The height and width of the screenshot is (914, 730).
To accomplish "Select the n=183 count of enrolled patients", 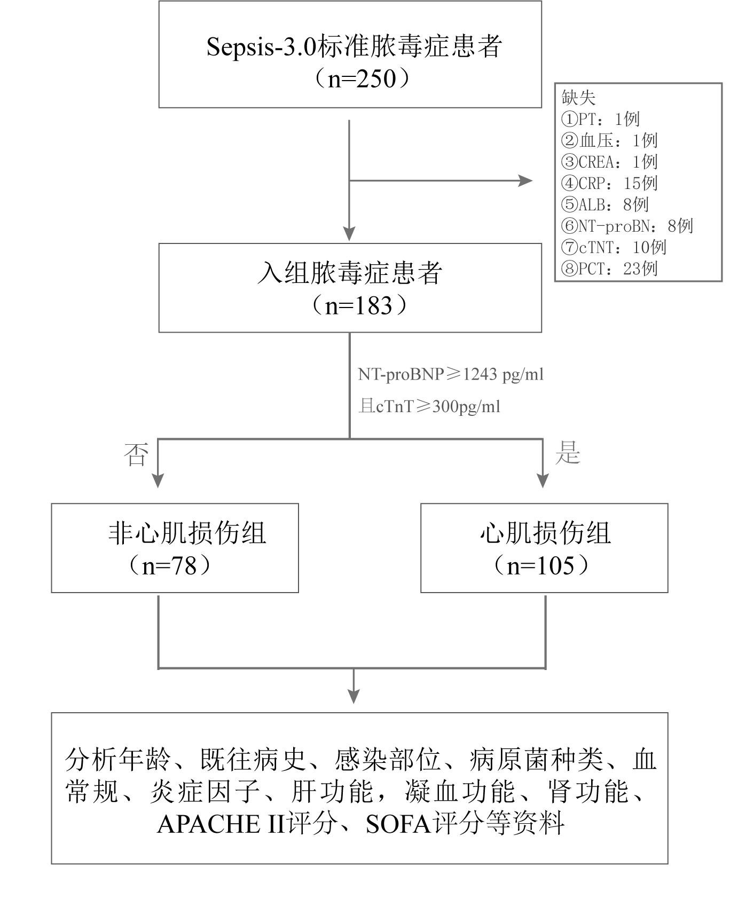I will (x=358, y=306).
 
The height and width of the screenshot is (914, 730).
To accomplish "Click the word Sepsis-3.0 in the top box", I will (x=261, y=47).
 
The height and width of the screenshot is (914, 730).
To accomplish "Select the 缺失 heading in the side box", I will (x=578, y=98).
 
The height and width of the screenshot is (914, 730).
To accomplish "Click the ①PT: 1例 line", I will (x=600, y=119).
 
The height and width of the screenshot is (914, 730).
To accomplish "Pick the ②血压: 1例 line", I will (x=609, y=140).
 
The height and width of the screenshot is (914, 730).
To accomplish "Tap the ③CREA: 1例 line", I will (x=609, y=162).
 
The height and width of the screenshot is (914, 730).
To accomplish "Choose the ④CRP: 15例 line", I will (x=609, y=183).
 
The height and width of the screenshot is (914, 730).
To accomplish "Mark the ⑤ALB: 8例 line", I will (x=605, y=204).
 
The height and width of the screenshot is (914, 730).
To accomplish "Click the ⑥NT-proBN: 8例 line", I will (x=627, y=226).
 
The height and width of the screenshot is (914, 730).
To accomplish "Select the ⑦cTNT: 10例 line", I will (x=614, y=247).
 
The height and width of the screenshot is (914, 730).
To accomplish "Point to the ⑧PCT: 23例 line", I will (x=609, y=269).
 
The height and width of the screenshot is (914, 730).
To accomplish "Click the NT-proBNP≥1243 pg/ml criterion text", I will (x=451, y=374).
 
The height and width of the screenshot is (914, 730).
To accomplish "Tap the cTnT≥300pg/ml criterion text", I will (x=429, y=407).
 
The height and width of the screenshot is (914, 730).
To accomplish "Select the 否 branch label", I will (x=136, y=455).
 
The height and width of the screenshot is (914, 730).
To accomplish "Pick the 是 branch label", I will (x=567, y=454).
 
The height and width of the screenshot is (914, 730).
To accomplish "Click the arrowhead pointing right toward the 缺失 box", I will (x=526, y=181).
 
